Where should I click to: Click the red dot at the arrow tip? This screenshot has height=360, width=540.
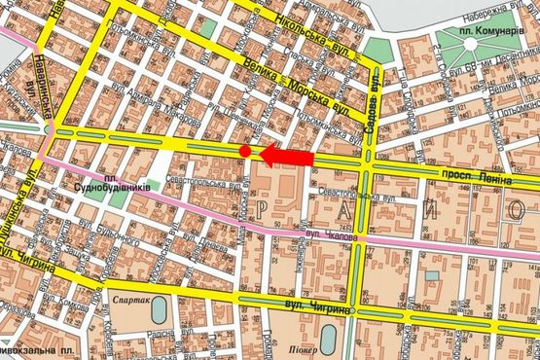point(245,151)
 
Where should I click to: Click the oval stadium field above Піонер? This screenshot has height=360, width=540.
point(328,337)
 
